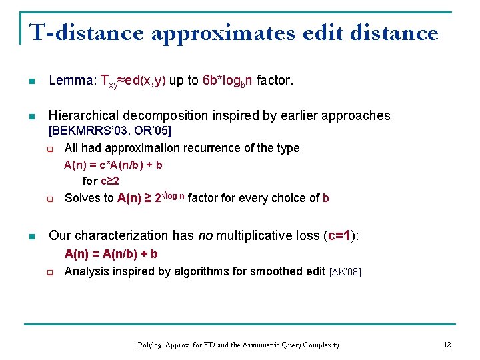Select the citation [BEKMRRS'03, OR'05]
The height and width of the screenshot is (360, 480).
tap(111, 131)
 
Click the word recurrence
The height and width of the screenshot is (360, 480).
tap(219, 148)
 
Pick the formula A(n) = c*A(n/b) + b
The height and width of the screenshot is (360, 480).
tap(113, 165)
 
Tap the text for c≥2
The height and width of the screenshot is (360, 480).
tap(101, 181)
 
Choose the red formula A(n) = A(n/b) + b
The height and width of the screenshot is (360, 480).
tap(111, 254)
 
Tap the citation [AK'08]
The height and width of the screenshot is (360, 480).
tap(345, 272)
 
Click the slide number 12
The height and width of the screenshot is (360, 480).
tap(447, 345)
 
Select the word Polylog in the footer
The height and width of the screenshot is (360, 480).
tap(151, 345)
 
